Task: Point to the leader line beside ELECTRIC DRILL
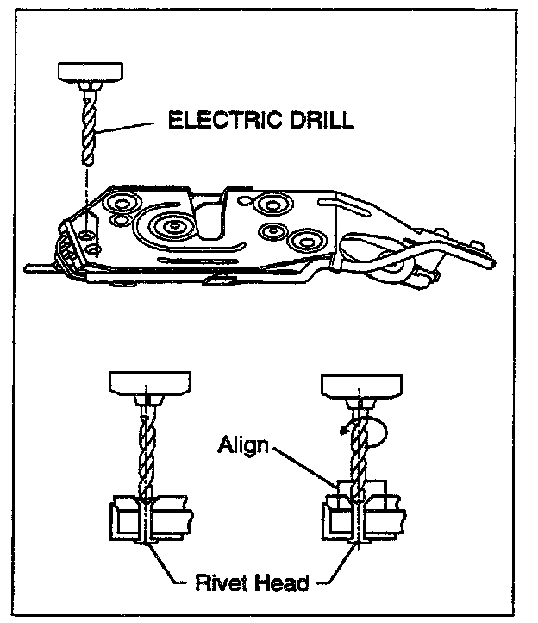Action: [129, 126]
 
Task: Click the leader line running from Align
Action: [306, 470]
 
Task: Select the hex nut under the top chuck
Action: [88, 87]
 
